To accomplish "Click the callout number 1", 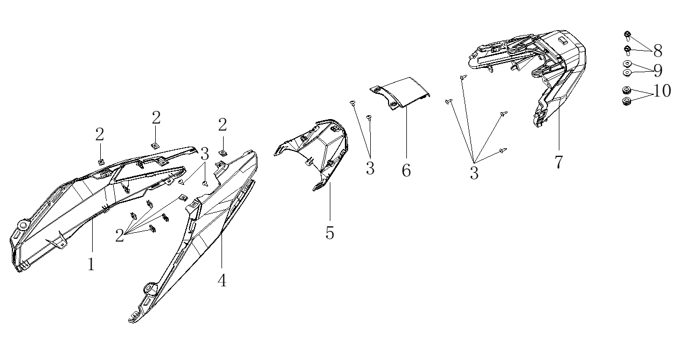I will point(91,265).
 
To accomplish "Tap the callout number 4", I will point(221,280).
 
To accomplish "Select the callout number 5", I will point(330,233).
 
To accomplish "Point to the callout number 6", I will point(406,170).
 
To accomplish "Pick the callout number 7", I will point(558,162).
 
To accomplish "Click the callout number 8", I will point(657,51).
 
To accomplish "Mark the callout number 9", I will point(657,71).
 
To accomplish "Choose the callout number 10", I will point(662,91).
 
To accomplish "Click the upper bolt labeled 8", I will point(628,36).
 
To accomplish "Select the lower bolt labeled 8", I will point(628,51).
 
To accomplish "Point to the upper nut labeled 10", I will point(627,90).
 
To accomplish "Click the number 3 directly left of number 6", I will point(370,168).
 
